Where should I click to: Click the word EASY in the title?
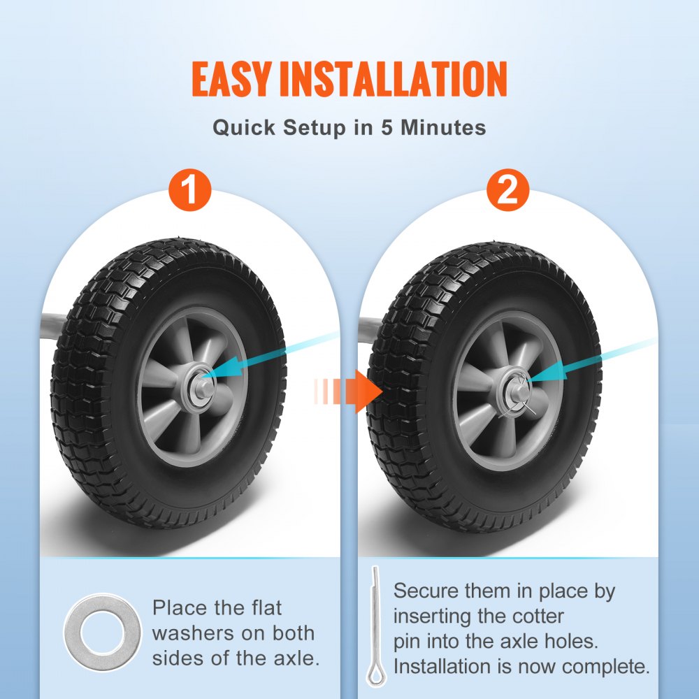(232, 80)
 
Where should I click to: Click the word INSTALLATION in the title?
(393, 80)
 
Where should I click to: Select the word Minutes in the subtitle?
(443, 129)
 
